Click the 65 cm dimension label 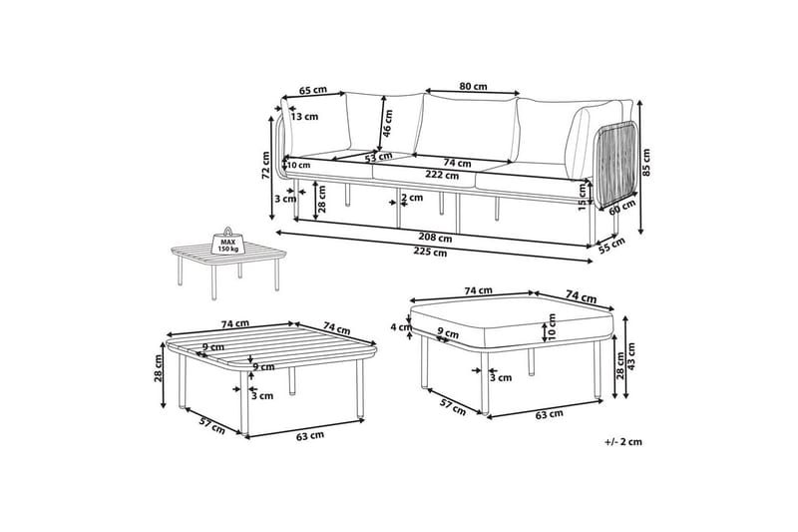click(x=313, y=90)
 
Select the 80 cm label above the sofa click(x=473, y=85)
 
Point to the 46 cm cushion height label click(x=386, y=123)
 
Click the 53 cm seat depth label click(x=377, y=157)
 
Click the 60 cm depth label click(x=622, y=210)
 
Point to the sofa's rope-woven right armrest click(x=616, y=165)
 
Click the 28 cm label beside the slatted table click(x=159, y=371)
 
